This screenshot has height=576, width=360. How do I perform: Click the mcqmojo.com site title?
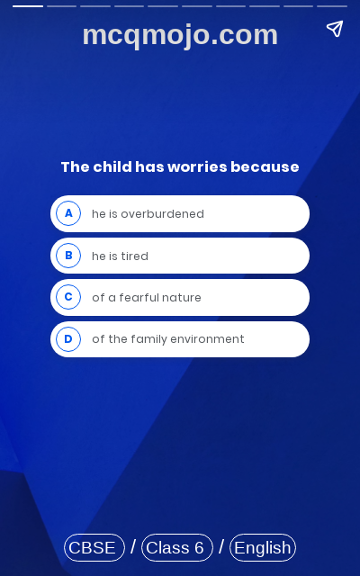(x=180, y=35)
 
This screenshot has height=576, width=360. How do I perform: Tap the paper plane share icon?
(x=335, y=29)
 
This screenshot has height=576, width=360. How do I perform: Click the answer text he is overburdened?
(x=148, y=214)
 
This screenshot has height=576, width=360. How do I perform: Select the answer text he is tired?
(x=120, y=256)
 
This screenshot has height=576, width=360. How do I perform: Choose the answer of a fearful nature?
(x=146, y=298)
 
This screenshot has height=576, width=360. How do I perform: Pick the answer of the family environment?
(x=167, y=339)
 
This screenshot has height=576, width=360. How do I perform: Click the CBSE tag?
(x=94, y=547)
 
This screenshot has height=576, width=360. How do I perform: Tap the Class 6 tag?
(x=176, y=547)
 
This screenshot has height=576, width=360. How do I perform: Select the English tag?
(x=263, y=547)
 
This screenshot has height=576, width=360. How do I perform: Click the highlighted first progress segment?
(x=28, y=5)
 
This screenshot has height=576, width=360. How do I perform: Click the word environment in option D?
(x=211, y=339)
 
